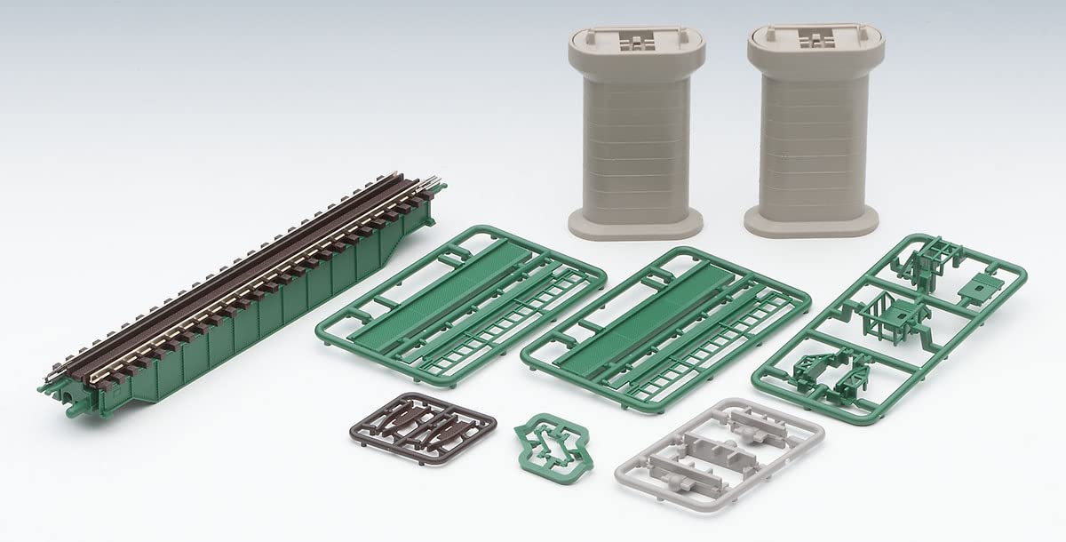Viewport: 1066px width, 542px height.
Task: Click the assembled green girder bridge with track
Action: [x=240, y=293]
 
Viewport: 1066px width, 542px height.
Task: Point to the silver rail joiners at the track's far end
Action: [x=433, y=185]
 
